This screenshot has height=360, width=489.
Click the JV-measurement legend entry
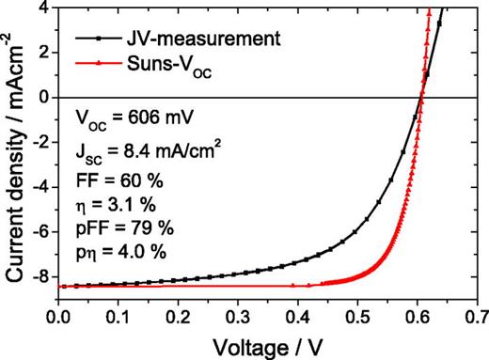tap(174, 39)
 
